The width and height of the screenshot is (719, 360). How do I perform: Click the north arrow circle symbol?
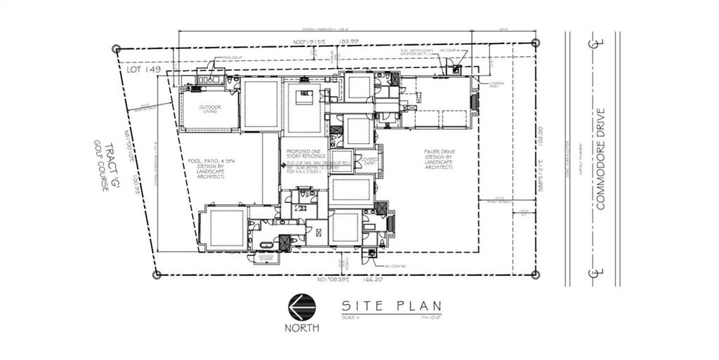tap(301, 307)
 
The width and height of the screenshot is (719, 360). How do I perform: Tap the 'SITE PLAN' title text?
tap(391, 306)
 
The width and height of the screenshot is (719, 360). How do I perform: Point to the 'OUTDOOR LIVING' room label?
tap(209, 110)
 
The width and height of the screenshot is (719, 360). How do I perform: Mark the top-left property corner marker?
tap(117, 49)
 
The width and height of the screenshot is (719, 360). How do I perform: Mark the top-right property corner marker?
tap(536, 43)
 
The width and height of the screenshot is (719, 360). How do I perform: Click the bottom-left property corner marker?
tap(157, 274)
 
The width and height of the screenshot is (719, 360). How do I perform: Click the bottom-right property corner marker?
tap(535, 274)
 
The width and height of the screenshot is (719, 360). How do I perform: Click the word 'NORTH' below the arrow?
tap(301, 328)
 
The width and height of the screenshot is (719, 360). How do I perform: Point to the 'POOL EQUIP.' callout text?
tap(234, 58)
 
